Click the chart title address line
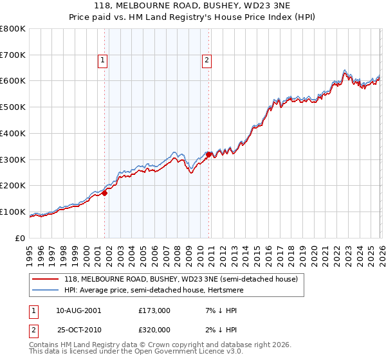coord(192,6)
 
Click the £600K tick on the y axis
coord(13,81)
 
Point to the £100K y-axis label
coord(13,212)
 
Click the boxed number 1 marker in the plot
coord(103,61)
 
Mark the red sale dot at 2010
coord(209,154)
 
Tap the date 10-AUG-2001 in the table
coord(78,310)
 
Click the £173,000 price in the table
coord(159,310)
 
